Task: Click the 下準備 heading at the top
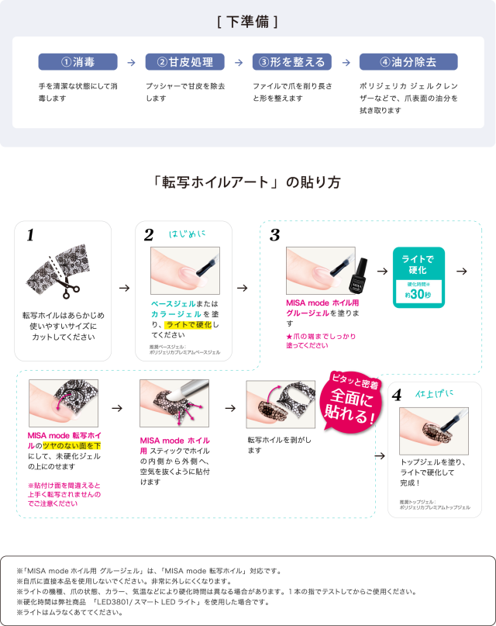(248, 22)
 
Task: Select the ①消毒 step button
(77, 62)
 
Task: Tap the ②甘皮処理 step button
(184, 62)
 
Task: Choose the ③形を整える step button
(292, 62)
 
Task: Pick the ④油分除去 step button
(408, 62)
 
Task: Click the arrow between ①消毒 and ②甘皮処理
(131, 62)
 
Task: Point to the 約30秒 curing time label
(418, 295)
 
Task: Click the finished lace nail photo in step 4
(433, 429)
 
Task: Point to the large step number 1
(30, 236)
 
